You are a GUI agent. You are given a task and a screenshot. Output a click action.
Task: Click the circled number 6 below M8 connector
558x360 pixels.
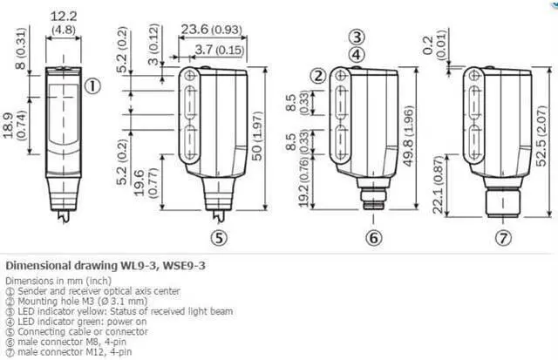click(x=373, y=236)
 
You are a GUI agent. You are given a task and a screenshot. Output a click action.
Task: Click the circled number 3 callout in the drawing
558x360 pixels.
click(x=356, y=37)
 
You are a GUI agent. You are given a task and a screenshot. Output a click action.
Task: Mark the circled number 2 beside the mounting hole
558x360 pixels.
click(x=319, y=76)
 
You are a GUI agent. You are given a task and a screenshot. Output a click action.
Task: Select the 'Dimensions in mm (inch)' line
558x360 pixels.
click(x=57, y=281)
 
